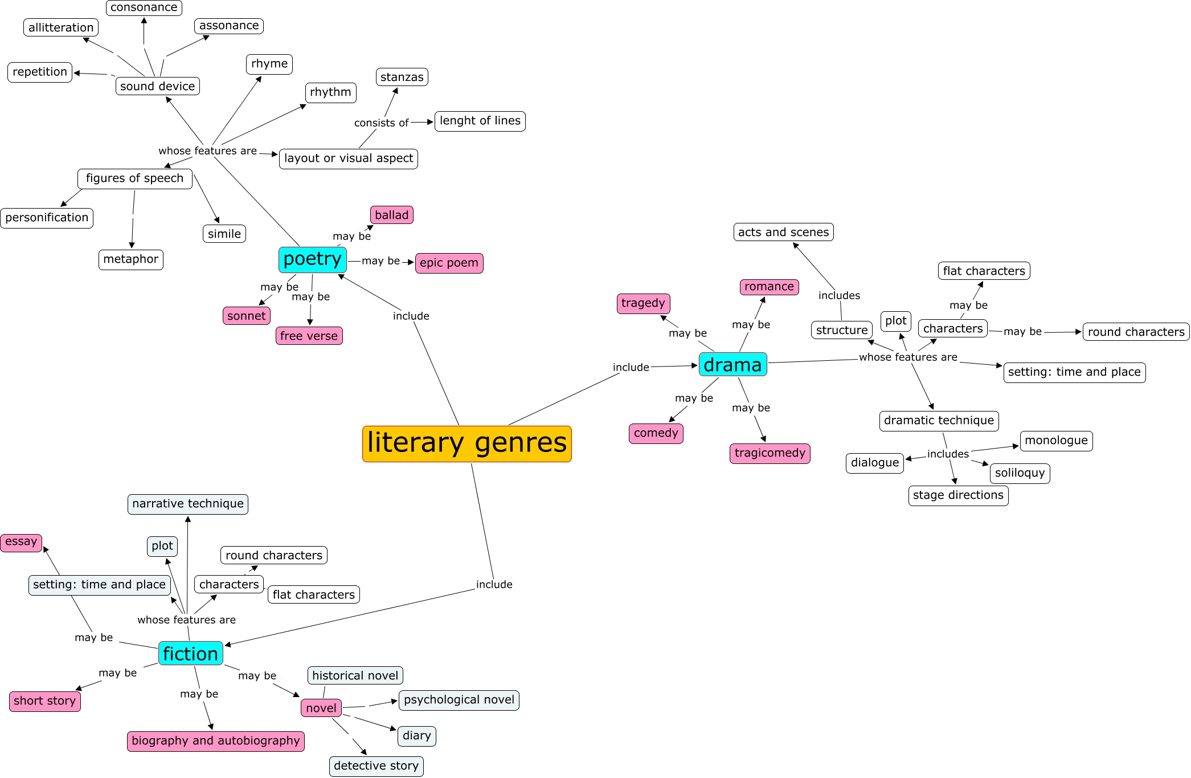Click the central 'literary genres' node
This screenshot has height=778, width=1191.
(x=466, y=443)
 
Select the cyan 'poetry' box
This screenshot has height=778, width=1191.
(x=312, y=260)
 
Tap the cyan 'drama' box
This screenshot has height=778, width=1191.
(x=732, y=365)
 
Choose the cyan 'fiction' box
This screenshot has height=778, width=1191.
(x=190, y=654)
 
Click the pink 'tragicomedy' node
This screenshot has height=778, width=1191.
(x=770, y=454)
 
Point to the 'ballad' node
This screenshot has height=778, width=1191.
(x=391, y=215)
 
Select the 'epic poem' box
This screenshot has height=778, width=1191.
(x=449, y=263)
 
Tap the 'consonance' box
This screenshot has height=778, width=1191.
(x=144, y=7)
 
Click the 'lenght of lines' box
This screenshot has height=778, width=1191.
(x=480, y=121)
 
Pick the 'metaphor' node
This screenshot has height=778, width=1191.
(x=130, y=260)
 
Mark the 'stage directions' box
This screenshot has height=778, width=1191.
(x=958, y=495)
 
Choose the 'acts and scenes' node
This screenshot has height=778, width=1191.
(x=783, y=233)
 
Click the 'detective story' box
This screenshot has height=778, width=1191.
(x=376, y=766)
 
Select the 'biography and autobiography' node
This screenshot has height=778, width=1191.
(x=215, y=741)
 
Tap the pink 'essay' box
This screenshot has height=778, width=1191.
(x=21, y=542)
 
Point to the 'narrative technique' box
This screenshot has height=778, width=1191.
(x=187, y=504)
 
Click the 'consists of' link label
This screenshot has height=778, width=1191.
(x=381, y=123)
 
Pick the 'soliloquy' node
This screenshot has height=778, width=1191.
(x=1020, y=473)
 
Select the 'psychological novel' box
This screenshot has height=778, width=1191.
(x=459, y=700)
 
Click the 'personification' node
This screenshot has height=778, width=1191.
(x=47, y=218)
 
